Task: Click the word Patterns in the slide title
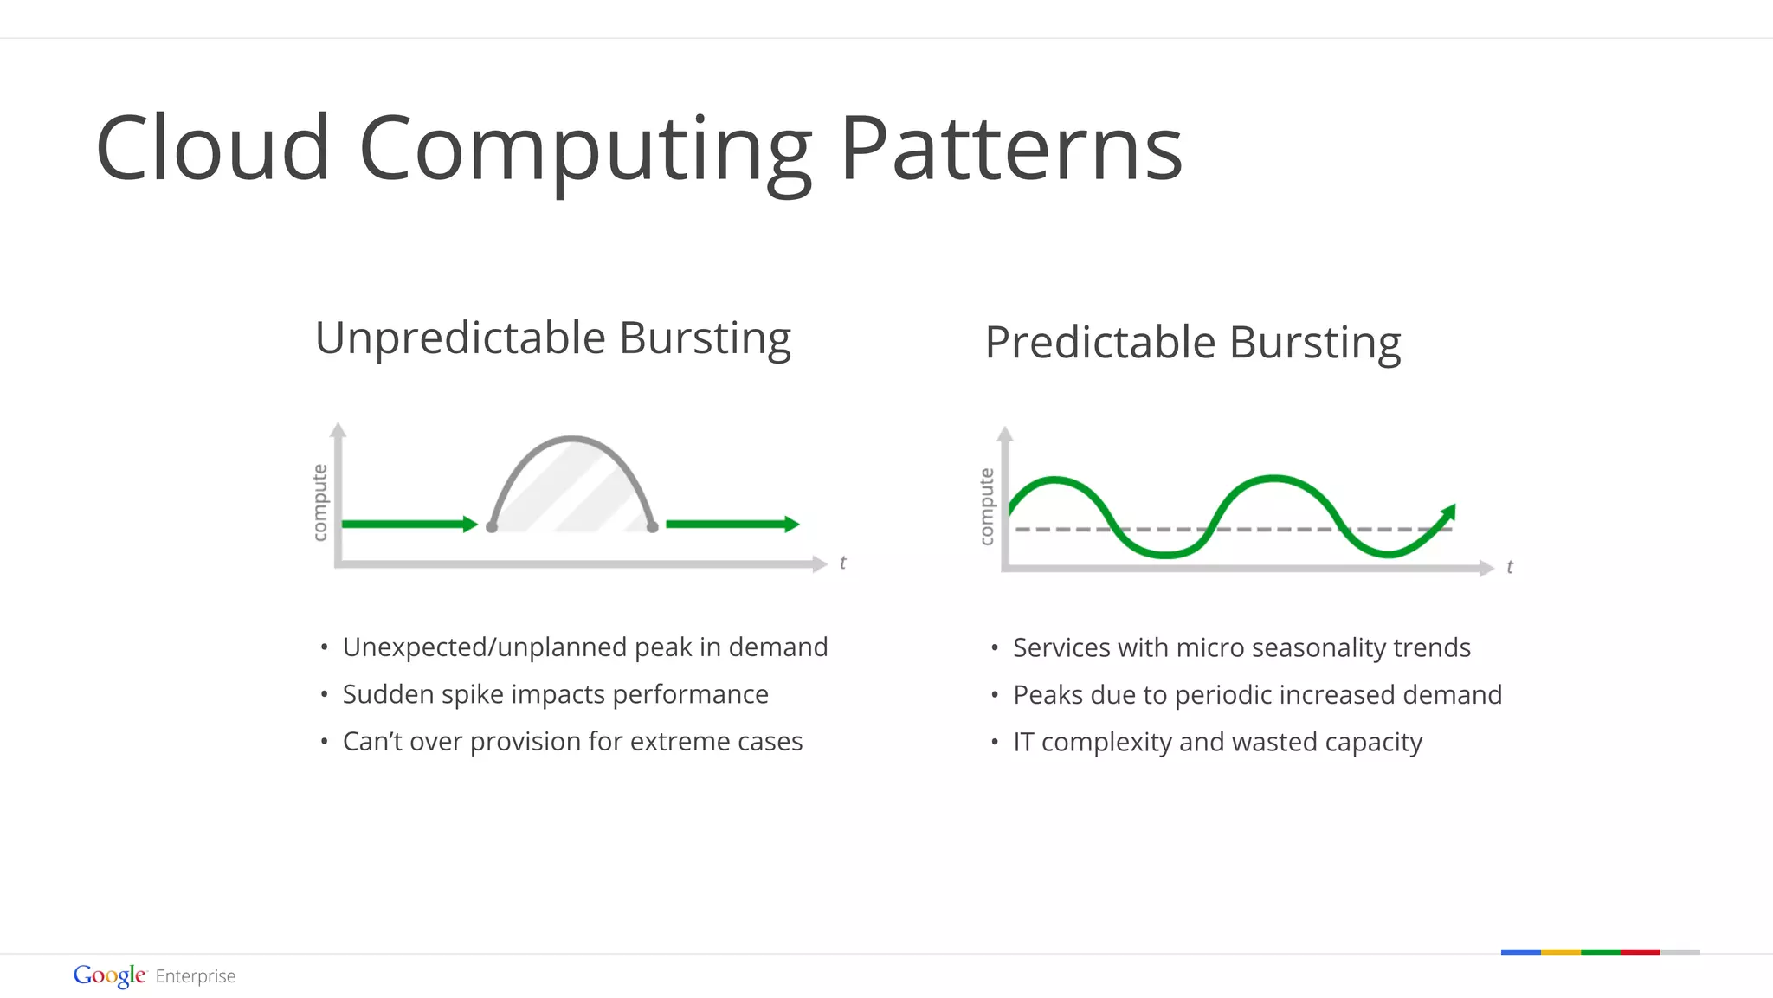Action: [1010, 149]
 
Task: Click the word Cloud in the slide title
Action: [213, 149]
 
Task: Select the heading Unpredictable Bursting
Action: [552, 338]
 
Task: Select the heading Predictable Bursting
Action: [1192, 343]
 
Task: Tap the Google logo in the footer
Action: [109, 975]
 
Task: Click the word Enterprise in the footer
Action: [196, 976]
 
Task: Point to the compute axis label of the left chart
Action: [319, 502]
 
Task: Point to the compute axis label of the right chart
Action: [986, 506]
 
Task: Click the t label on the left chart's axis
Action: [842, 563]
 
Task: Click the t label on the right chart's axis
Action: [1509, 567]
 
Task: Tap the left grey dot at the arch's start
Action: [492, 526]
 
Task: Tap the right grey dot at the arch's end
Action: [653, 526]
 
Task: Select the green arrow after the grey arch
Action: [732, 524]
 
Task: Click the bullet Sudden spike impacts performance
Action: [555, 694]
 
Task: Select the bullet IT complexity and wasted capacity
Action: [1217, 742]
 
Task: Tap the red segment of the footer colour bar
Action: [1640, 952]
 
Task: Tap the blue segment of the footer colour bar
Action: [1520, 952]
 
